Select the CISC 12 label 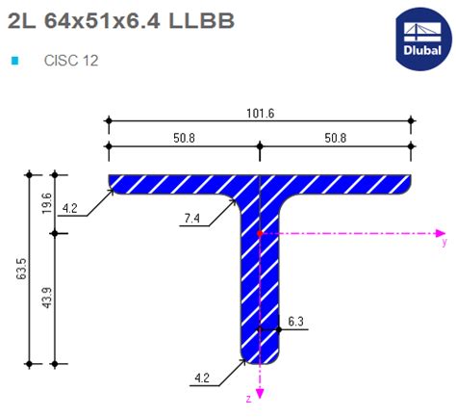click(x=71, y=60)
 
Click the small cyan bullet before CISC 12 click(x=14, y=60)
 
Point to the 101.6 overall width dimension click(x=260, y=113)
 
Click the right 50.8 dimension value click(x=335, y=138)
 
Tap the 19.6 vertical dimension click(x=46, y=202)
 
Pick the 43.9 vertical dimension click(x=46, y=300)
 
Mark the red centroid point click(x=260, y=233)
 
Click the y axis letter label click(x=443, y=232)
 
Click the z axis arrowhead click(x=260, y=390)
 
